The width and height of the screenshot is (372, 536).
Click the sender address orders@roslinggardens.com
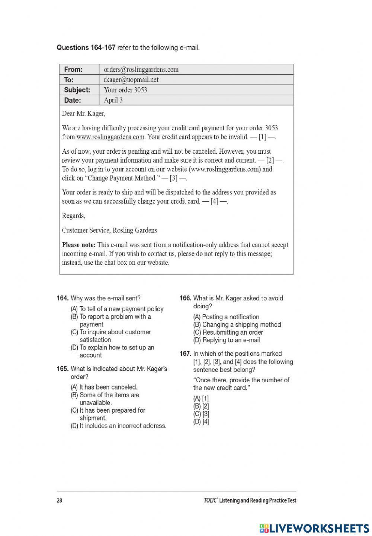click(141, 69)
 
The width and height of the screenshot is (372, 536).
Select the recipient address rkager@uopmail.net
click(131, 79)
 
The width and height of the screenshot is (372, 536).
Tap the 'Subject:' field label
click(77, 90)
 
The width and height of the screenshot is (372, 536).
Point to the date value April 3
click(113, 100)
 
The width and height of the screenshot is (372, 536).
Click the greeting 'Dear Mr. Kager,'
click(84, 113)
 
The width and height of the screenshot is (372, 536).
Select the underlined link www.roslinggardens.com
click(110, 137)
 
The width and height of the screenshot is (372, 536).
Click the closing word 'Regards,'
click(73, 216)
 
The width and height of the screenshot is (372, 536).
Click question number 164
click(62, 298)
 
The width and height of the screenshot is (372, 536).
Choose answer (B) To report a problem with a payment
click(111, 321)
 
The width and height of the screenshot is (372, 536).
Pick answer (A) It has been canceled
click(104, 387)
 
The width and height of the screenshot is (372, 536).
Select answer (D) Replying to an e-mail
click(227, 340)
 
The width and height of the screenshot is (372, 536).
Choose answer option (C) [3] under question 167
click(201, 414)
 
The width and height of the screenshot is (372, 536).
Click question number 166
click(185, 298)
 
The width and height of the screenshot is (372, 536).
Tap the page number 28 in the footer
click(60, 500)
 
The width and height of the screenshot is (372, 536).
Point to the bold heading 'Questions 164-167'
click(86, 48)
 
